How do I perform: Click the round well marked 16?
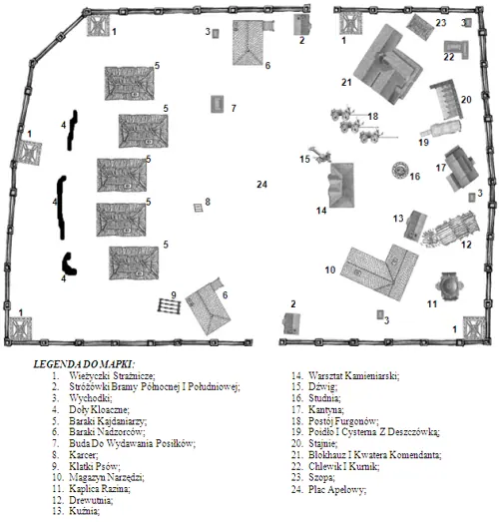(x=400, y=170)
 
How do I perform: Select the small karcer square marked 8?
(x=199, y=208)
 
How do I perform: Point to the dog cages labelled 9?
(x=169, y=306)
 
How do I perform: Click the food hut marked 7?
(x=218, y=104)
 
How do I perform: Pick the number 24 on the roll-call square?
(x=262, y=184)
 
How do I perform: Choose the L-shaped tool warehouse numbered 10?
(x=379, y=272)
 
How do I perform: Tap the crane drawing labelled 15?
(x=320, y=156)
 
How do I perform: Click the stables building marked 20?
(x=446, y=99)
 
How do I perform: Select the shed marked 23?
(x=421, y=27)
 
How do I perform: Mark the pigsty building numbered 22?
(x=456, y=49)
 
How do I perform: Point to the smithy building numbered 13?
(x=415, y=226)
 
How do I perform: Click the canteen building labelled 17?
(x=461, y=168)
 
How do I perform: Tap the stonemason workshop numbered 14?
(x=341, y=185)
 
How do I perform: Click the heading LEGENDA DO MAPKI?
(x=84, y=363)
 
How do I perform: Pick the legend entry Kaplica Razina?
(x=100, y=489)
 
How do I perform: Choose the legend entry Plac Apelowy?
(x=337, y=489)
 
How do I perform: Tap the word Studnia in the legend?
(x=323, y=398)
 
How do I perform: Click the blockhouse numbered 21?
(x=388, y=64)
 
